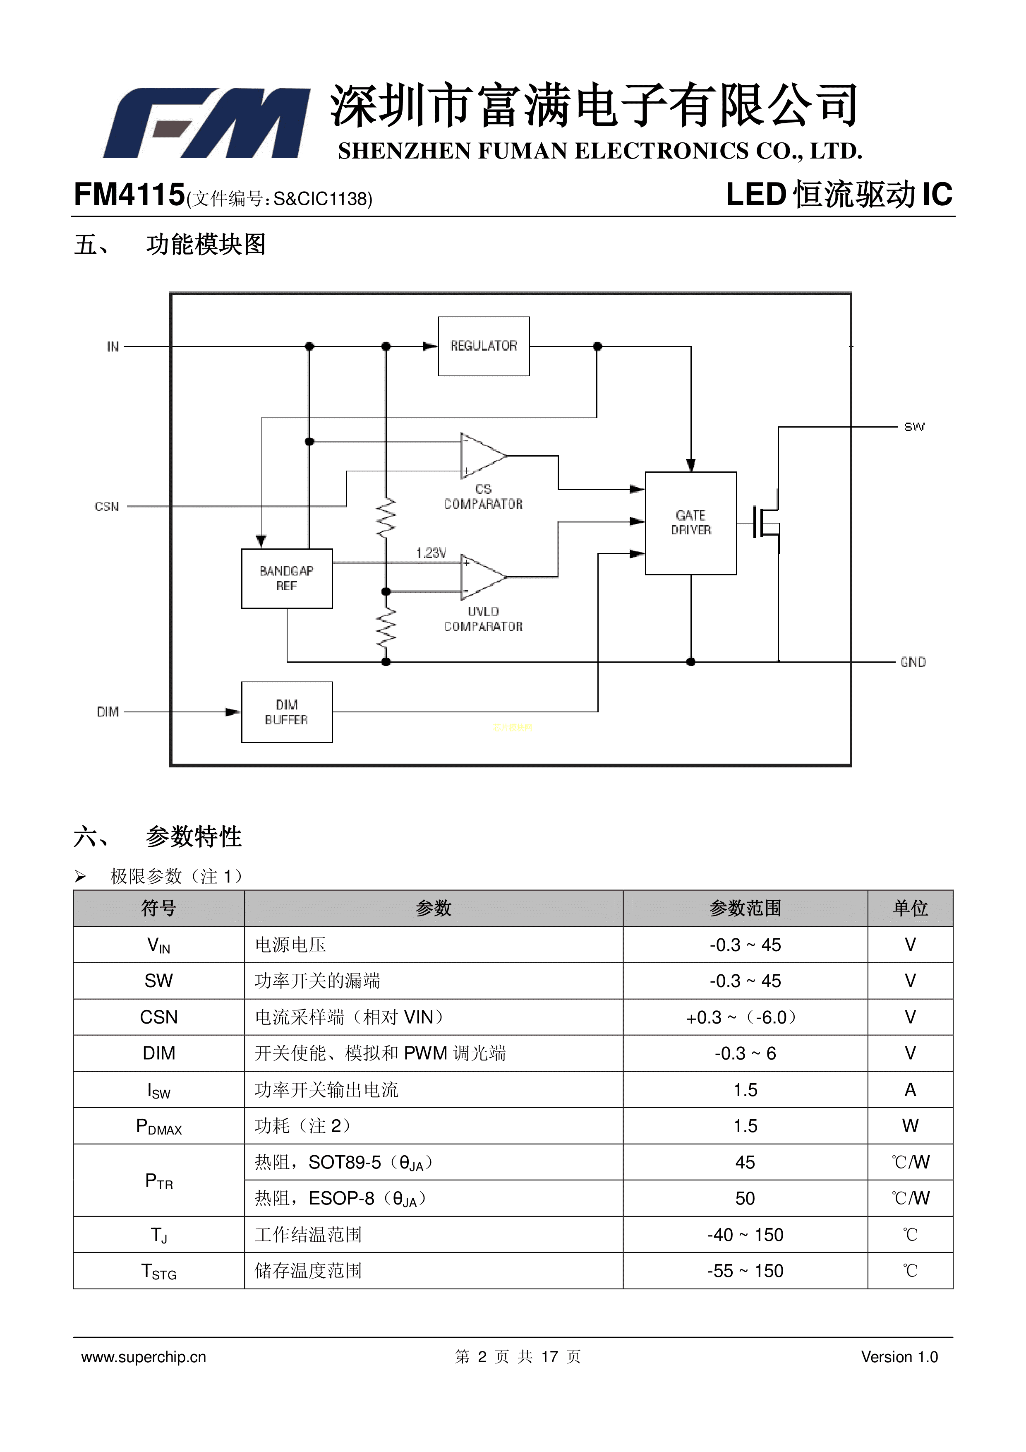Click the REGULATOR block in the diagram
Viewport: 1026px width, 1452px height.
click(x=484, y=346)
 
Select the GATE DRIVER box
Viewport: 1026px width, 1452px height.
click(x=690, y=523)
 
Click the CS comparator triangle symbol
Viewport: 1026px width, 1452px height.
click(x=482, y=455)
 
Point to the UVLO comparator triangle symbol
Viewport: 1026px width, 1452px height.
click(x=482, y=577)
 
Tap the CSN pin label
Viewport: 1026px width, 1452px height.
click(x=107, y=507)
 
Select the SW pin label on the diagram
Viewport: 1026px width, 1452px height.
click(x=913, y=427)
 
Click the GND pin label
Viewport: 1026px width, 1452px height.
click(x=913, y=662)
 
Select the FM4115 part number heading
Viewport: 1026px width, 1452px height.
click(x=129, y=195)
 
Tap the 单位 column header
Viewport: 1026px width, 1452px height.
click(x=910, y=908)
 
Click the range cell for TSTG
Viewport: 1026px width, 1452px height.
click(x=745, y=1271)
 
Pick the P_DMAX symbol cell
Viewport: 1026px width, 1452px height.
click(x=159, y=1126)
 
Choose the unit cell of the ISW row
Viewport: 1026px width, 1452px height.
click(x=910, y=1090)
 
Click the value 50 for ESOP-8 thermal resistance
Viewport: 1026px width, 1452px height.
click(x=745, y=1198)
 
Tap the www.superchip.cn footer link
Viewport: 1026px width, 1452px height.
click(x=144, y=1357)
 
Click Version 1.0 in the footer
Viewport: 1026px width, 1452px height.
click(x=899, y=1357)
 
